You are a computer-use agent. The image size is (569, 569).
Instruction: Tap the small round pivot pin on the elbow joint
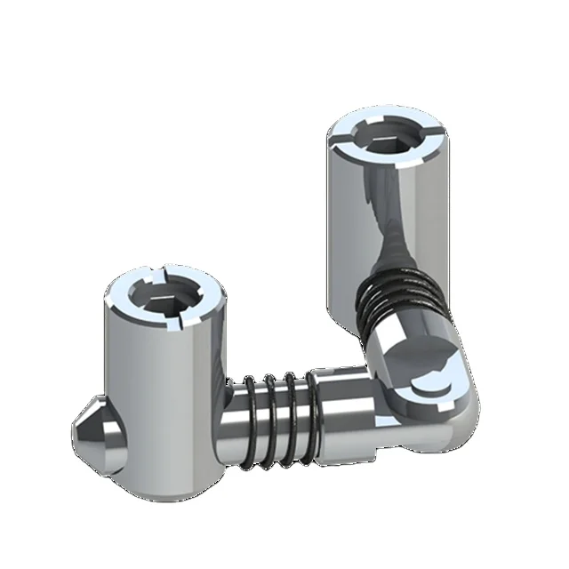428,386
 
